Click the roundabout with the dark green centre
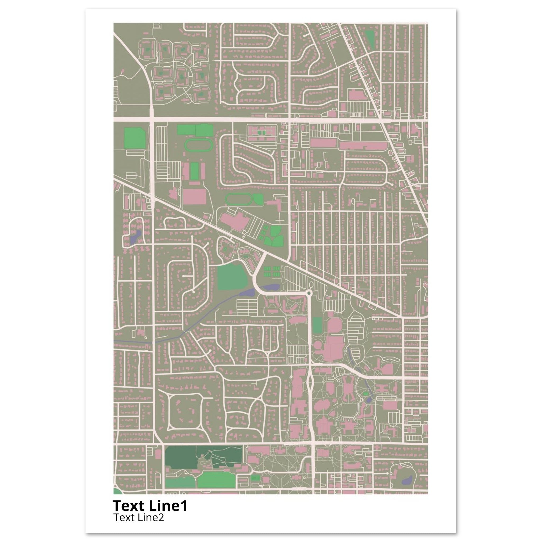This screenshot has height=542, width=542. coord(309,293)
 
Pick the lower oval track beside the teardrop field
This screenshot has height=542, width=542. coord(238,199)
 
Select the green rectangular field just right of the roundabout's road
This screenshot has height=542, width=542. coord(317,326)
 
